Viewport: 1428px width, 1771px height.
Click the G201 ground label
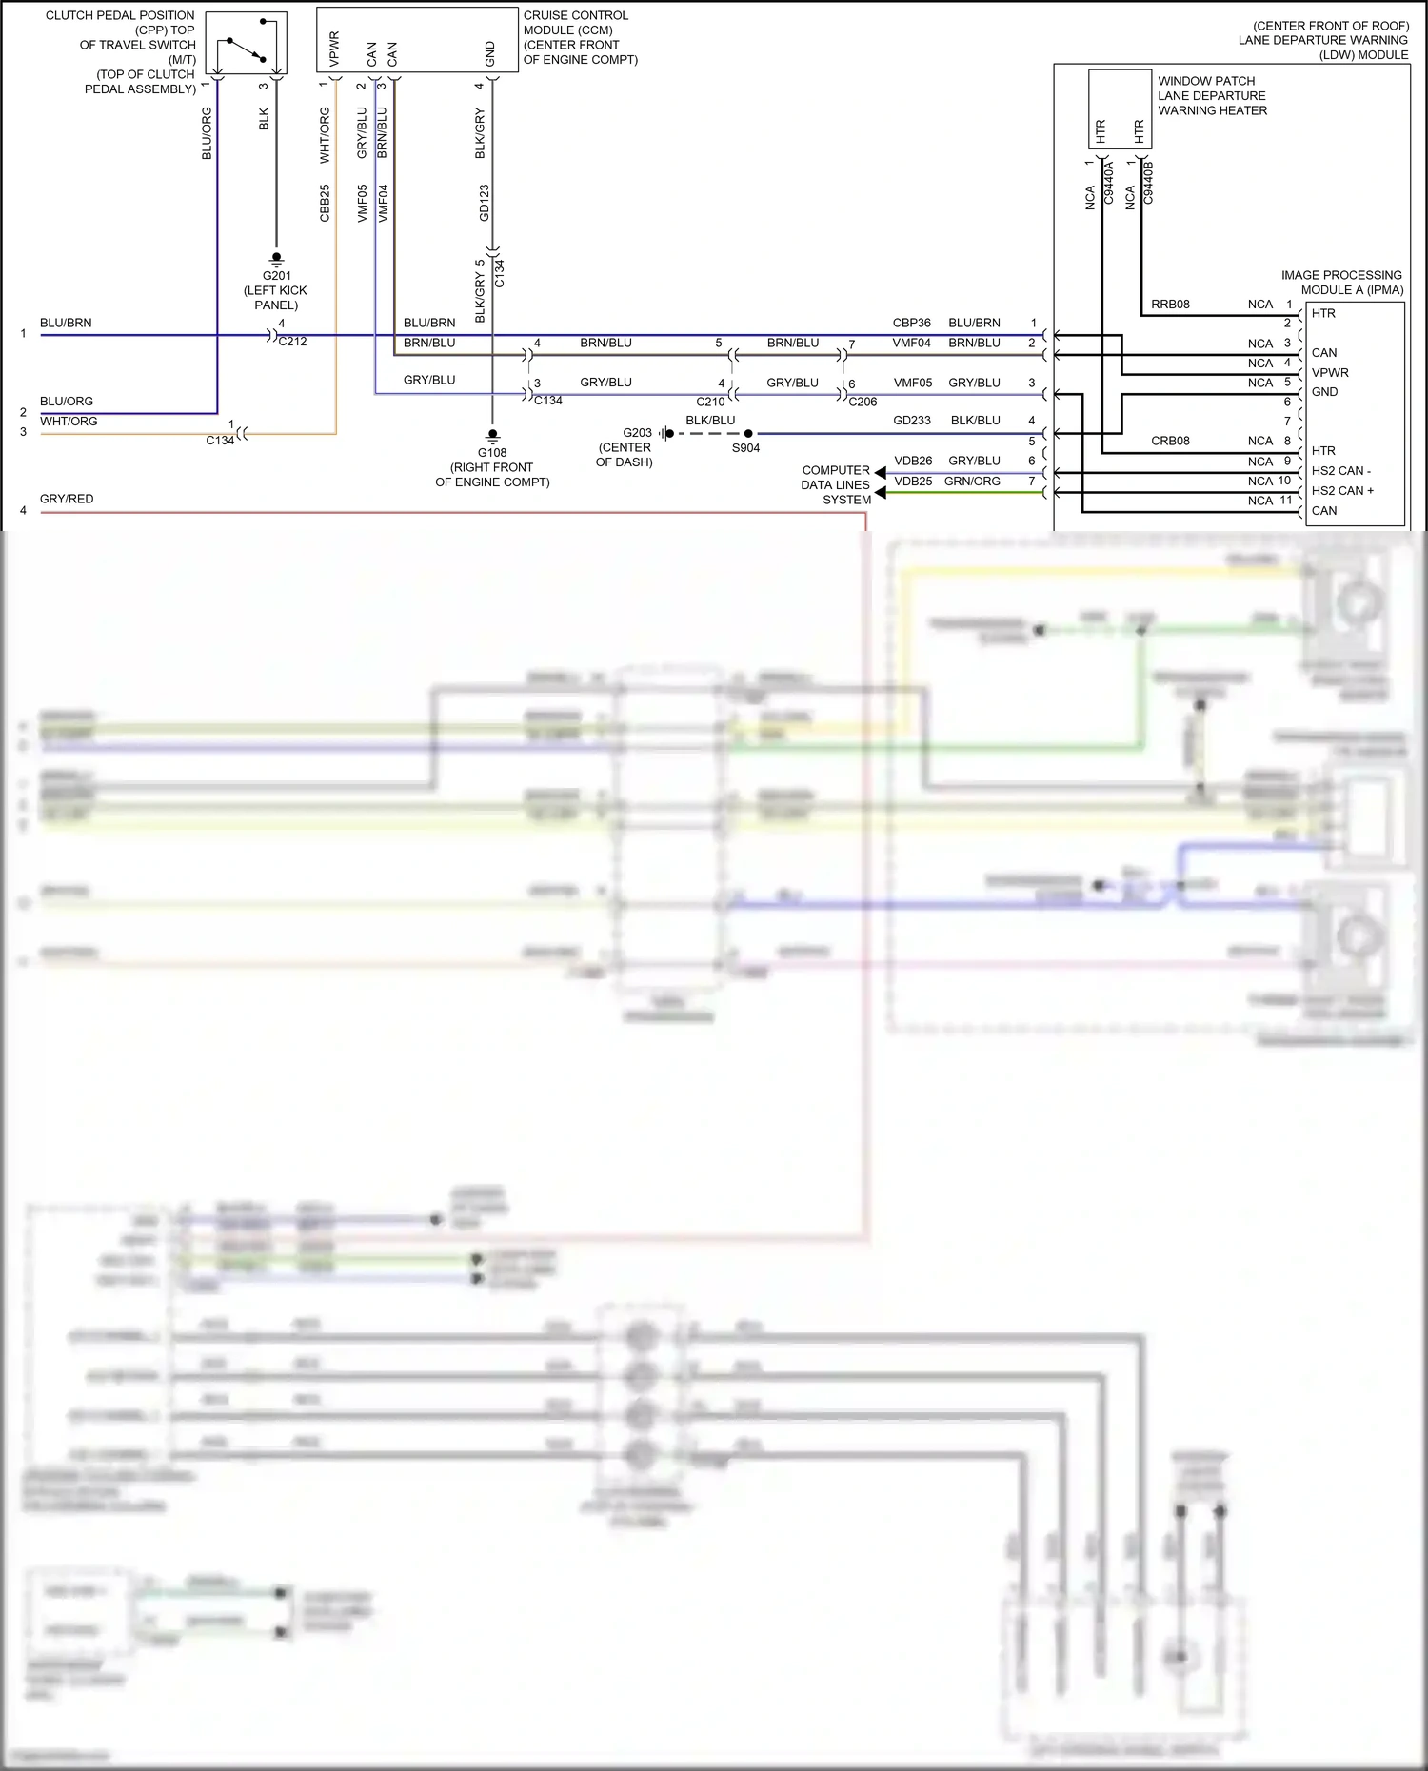(277, 276)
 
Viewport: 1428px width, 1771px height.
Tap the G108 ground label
(492, 453)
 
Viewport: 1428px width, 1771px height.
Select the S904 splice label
(745, 448)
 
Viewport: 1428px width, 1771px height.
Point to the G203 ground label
(637, 433)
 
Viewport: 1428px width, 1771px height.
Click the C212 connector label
(292, 342)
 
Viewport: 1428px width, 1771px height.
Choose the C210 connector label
(710, 402)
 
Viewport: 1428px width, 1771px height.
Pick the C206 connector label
(863, 402)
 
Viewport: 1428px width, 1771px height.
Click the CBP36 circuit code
(911, 324)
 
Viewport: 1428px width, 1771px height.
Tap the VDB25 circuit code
(913, 482)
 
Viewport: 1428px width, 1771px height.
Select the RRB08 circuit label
(1170, 305)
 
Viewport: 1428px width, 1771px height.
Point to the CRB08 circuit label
(1170, 441)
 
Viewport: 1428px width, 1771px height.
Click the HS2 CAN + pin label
(1342, 491)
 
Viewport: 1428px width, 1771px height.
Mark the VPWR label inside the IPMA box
(1329, 373)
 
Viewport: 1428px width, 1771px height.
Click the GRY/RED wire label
(67, 499)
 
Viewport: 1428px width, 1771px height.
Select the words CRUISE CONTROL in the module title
(575, 16)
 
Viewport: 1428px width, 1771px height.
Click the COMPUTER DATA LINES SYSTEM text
(836, 485)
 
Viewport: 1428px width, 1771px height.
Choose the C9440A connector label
(1109, 183)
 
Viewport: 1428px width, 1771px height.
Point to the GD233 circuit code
(911, 421)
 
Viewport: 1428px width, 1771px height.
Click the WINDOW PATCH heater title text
(1205, 82)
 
